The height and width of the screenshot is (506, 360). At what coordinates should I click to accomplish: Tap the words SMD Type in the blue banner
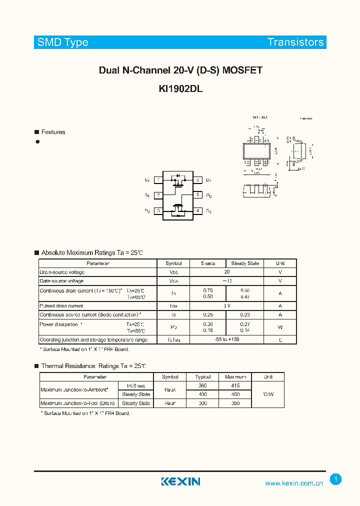click(x=62, y=42)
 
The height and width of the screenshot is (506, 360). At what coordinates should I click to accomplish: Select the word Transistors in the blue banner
click(x=295, y=42)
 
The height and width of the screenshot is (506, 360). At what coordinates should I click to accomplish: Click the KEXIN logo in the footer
click(x=180, y=481)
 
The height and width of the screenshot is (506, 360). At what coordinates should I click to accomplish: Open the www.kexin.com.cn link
click(x=293, y=483)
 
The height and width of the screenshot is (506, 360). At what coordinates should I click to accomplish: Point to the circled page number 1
click(x=336, y=479)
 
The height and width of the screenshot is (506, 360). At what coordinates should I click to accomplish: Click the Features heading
click(x=53, y=132)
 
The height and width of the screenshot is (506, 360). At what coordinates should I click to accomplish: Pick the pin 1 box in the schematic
click(x=158, y=179)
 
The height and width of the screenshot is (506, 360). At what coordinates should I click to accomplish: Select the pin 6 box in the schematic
click(x=198, y=179)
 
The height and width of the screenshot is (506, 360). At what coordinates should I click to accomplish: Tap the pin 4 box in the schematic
click(x=198, y=211)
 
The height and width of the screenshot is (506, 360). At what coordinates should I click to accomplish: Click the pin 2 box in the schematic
click(x=158, y=195)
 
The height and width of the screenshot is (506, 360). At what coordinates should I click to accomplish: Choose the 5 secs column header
click(x=208, y=263)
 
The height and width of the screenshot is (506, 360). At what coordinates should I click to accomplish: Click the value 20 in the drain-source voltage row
click(x=227, y=272)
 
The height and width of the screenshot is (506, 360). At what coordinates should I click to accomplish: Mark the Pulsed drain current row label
click(x=61, y=305)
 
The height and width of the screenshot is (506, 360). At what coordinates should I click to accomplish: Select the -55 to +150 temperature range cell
click(x=227, y=339)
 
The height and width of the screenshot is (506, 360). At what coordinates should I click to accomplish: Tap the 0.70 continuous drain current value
click(x=208, y=290)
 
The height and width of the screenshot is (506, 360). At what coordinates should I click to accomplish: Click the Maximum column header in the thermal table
click(x=235, y=376)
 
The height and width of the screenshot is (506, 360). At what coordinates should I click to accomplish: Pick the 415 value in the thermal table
click(x=235, y=385)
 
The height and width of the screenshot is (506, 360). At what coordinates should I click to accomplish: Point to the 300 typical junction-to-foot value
click(x=203, y=403)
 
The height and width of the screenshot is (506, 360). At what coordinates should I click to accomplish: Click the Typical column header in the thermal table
click(x=203, y=376)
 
